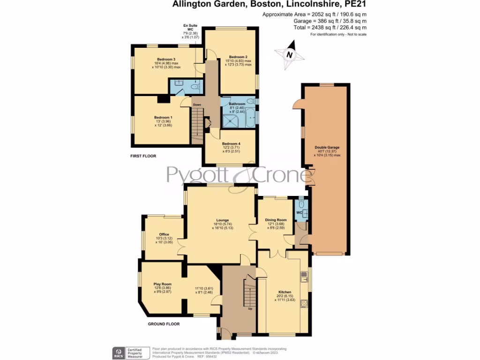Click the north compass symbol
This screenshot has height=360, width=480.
coord(290,54)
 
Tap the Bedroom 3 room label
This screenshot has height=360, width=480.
coord(166,60)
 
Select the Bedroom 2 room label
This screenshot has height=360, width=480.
coord(238,57)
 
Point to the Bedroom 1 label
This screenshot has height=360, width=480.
coord(164,117)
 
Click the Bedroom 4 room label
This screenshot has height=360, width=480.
coord(231,143)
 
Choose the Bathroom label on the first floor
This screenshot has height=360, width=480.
coord(237,104)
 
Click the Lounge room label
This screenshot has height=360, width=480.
coord(222,220)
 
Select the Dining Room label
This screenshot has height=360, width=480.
coord(276,220)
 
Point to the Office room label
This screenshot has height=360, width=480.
coord(164,234)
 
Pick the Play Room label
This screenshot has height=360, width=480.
coord(161,284)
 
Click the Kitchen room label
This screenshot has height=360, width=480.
coord(285,292)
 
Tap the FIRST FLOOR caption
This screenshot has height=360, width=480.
coord(143,156)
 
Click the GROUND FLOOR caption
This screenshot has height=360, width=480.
coord(164,324)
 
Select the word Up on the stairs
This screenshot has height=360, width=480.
coord(250,308)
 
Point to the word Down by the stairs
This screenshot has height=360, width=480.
coord(197,105)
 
